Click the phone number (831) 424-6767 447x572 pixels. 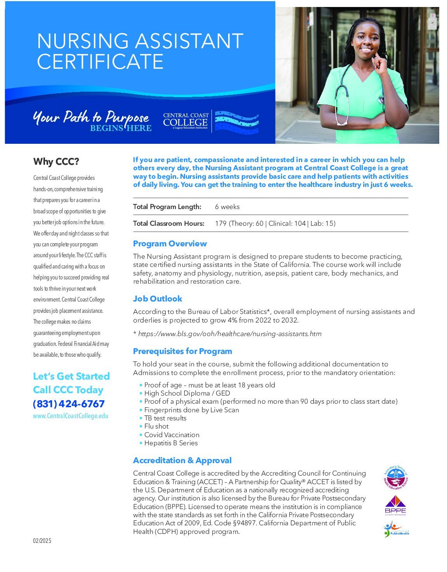coord(69,404)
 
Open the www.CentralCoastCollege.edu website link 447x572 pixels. coord(71,416)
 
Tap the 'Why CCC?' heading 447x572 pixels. coord(56,161)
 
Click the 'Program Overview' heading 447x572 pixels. coord(170,244)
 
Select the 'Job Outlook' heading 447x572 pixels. coord(158,298)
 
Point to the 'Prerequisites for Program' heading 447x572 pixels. coord(182,351)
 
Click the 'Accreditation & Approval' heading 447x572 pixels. coord(182,460)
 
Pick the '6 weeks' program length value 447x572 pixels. coord(227,207)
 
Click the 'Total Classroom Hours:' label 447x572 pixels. coord(168,223)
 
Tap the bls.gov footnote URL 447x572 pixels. coord(230,334)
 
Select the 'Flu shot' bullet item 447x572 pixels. coord(156,426)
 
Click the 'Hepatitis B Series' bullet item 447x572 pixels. coord(171,443)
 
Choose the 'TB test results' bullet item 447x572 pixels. coord(165,418)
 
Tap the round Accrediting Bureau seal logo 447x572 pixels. coord(395,478)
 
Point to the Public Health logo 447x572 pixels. coord(396,529)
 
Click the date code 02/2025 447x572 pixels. coord(42,541)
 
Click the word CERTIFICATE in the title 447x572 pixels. coord(100,61)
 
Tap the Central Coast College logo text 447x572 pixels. coord(185,121)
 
